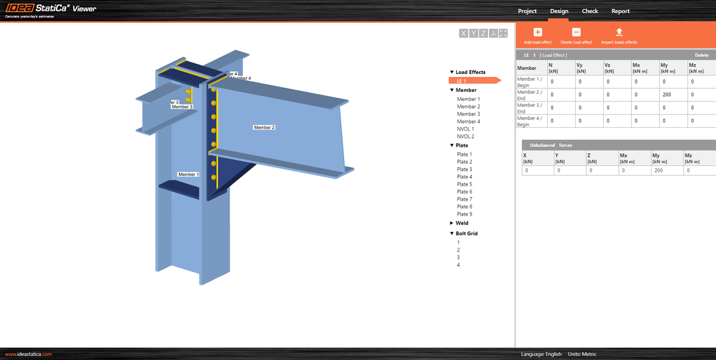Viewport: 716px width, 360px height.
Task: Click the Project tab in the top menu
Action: point(527,11)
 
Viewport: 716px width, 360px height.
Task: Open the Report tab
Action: point(620,11)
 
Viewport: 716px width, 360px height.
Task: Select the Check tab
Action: point(590,11)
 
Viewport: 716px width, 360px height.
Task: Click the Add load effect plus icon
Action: point(538,32)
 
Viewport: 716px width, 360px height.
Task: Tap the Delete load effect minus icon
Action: point(576,32)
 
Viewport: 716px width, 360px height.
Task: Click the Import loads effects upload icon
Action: point(619,32)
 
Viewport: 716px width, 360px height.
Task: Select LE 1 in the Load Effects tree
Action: point(462,81)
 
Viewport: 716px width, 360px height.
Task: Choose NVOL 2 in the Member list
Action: point(465,136)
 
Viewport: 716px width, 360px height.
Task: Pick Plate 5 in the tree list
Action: point(464,184)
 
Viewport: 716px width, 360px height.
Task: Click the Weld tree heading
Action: point(462,223)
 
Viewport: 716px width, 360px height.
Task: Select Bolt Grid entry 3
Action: point(458,257)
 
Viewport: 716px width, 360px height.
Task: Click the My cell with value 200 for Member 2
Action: point(668,95)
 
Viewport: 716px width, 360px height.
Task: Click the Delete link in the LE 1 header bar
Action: point(702,55)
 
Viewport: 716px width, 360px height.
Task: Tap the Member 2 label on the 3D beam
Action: point(264,127)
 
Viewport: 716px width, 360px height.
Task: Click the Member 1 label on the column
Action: point(188,174)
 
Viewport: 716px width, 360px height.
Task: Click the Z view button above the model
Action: point(483,33)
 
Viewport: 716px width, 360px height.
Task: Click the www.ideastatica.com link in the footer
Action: point(29,354)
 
